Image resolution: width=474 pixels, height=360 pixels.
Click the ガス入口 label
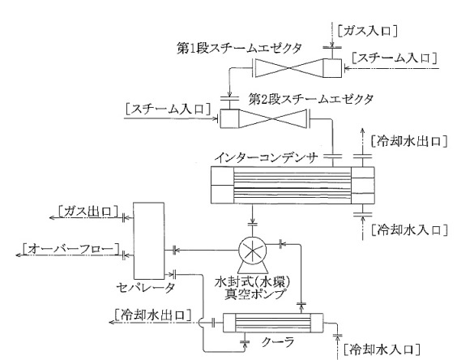pyautogui.click(x=367, y=31)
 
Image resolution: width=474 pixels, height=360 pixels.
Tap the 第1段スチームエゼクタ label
pyautogui.click(x=239, y=49)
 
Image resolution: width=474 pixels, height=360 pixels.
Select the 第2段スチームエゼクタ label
pyautogui.click(x=311, y=99)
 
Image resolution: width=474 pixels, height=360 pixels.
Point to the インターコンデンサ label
pyautogui.click(x=267, y=157)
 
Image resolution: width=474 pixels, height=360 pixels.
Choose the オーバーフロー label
pyautogui.click(x=70, y=249)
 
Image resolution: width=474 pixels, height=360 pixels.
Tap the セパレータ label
pyautogui.click(x=146, y=287)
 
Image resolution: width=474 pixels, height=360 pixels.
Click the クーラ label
pyautogui.click(x=277, y=342)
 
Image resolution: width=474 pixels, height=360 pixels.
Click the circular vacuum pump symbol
pyautogui.click(x=253, y=251)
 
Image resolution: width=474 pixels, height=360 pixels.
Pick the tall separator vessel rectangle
pyautogui.click(x=149, y=241)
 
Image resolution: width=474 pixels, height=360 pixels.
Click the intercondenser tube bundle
pyautogui.click(x=292, y=185)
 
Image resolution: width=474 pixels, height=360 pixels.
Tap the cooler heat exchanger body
pyautogui.click(x=273, y=323)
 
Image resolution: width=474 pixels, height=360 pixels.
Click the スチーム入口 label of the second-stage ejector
pyautogui.click(x=168, y=109)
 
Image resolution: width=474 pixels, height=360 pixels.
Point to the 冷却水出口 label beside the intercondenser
pyautogui.click(x=409, y=141)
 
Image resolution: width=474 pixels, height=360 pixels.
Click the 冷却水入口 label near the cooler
pyautogui.click(x=382, y=350)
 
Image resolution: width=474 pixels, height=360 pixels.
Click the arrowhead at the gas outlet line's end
pyautogui.click(x=53, y=217)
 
